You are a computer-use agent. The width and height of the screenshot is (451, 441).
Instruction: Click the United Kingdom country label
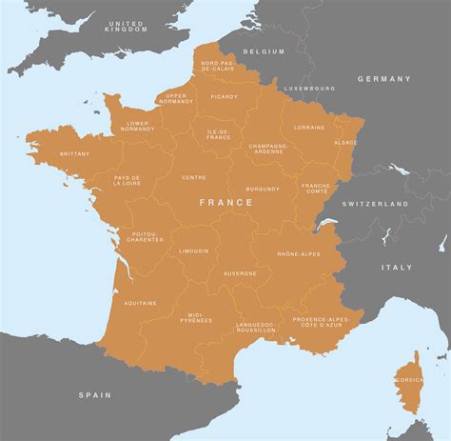(127, 26)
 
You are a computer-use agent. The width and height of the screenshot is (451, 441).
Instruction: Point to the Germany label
(384, 79)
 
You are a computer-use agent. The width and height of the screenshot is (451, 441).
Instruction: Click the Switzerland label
(375, 204)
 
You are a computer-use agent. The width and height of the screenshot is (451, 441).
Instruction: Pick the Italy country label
(398, 268)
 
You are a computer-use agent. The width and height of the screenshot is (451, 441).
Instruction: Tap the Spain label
(95, 394)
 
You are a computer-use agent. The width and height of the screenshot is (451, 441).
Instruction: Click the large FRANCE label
(225, 202)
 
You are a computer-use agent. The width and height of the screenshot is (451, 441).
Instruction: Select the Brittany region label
(74, 153)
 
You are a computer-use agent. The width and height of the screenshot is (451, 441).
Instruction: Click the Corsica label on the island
(409, 379)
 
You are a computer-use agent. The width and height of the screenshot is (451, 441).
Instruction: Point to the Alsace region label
(345, 142)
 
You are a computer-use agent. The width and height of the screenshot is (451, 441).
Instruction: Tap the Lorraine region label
(309, 127)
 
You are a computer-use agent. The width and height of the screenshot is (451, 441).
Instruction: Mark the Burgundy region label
(263, 189)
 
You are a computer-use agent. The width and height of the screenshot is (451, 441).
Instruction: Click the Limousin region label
(193, 251)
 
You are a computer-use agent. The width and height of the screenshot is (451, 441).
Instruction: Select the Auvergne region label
(240, 273)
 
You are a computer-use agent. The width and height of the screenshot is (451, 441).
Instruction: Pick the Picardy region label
(225, 96)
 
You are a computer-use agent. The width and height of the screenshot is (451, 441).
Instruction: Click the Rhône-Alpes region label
(298, 254)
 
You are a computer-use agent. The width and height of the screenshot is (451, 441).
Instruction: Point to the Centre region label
(194, 177)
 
